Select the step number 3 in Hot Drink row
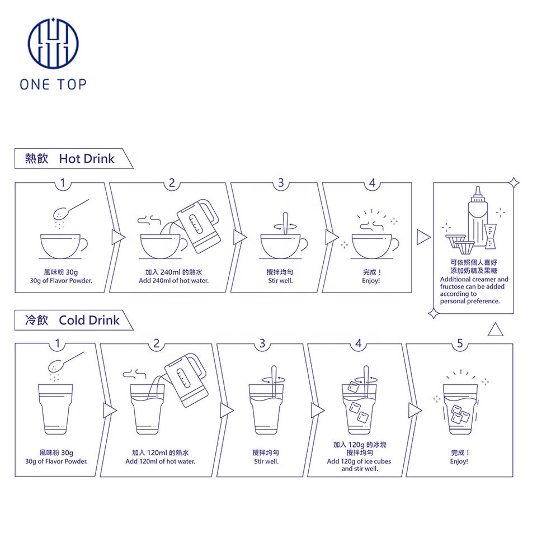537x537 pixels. pos(281,183)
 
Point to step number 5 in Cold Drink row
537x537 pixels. pos(460,343)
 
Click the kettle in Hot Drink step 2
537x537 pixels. pos(198,225)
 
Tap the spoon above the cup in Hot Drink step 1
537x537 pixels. pos(70,209)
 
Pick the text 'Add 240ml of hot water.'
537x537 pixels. pos(173,281)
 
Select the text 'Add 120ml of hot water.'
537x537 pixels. pos(161,461)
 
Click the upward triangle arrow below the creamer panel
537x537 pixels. pos(495,329)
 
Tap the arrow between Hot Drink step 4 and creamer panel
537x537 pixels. pos(423,237)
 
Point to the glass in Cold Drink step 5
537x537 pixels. pos(460,409)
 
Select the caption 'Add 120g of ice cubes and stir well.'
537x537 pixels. pos(359,465)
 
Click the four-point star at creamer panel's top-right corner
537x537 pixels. pos(514,183)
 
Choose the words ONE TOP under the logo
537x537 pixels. pos(53,84)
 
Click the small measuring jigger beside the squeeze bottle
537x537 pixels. pos(491,236)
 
